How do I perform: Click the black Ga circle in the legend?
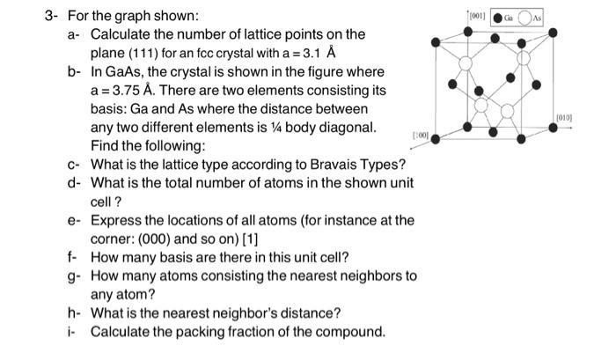498,17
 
